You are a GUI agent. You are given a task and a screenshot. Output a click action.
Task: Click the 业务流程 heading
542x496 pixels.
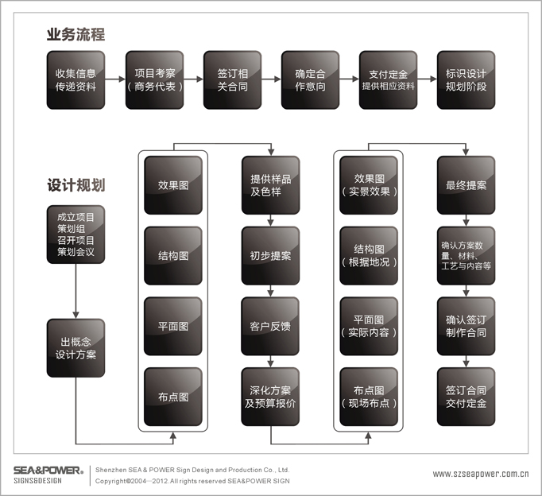tap(75, 34)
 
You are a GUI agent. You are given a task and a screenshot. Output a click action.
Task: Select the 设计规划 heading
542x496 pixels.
tap(76, 185)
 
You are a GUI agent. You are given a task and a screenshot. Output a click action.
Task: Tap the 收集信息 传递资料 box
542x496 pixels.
tap(75, 79)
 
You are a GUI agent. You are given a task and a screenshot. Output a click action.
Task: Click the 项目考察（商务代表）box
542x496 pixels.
tap(154, 79)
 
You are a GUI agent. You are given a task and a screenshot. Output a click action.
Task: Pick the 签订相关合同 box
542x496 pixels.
tap(232, 79)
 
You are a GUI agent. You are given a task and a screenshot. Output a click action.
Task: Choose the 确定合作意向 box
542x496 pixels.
tap(310, 79)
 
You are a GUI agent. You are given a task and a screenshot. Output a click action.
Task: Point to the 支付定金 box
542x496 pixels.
tap(388, 79)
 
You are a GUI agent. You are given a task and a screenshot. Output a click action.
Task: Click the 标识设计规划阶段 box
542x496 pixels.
tap(466, 79)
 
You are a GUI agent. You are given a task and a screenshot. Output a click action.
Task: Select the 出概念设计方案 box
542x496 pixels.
tap(75, 347)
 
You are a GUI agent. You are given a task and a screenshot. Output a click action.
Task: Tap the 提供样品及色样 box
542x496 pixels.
tap(271, 185)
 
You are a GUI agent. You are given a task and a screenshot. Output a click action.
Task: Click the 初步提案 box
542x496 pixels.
tap(271, 255)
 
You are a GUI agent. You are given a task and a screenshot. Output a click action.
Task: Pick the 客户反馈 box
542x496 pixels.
tap(270, 326)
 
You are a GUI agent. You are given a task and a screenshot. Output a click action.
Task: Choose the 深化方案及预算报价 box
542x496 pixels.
tap(270, 397)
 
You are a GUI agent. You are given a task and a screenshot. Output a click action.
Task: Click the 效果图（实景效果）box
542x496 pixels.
tap(369, 185)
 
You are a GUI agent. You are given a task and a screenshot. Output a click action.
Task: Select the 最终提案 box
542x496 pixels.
tap(466, 185)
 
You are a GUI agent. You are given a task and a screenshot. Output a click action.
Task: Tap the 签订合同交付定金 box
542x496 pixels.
tap(466, 397)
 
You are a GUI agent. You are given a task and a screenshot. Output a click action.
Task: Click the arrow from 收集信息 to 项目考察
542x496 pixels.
tap(115, 79)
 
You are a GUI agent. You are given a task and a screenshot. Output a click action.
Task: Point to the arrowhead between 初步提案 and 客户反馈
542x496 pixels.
tap(271, 293)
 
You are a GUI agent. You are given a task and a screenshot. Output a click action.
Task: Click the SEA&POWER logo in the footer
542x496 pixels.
tap(48, 475)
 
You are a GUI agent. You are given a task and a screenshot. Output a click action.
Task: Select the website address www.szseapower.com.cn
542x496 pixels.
tap(481, 474)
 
